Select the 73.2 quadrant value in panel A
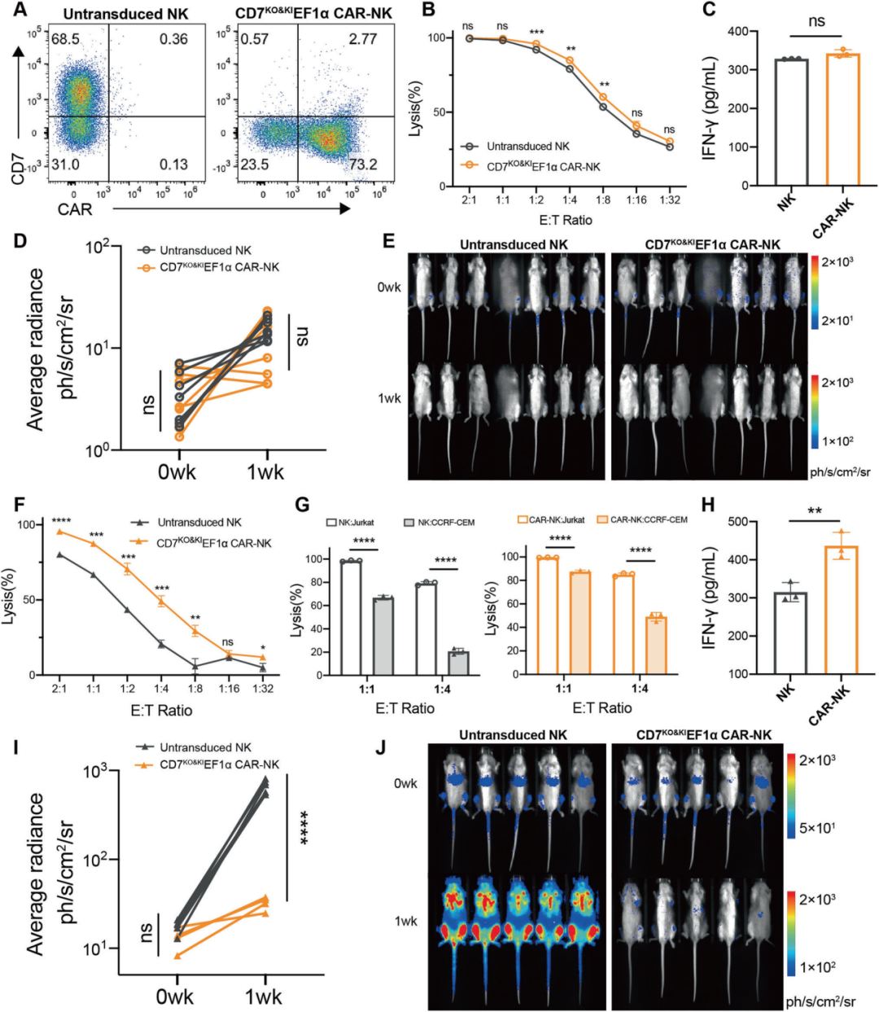[363, 164]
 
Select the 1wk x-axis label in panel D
[265, 471]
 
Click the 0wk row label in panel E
[389, 287]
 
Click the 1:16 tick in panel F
[229, 689]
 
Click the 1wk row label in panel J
[405, 922]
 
